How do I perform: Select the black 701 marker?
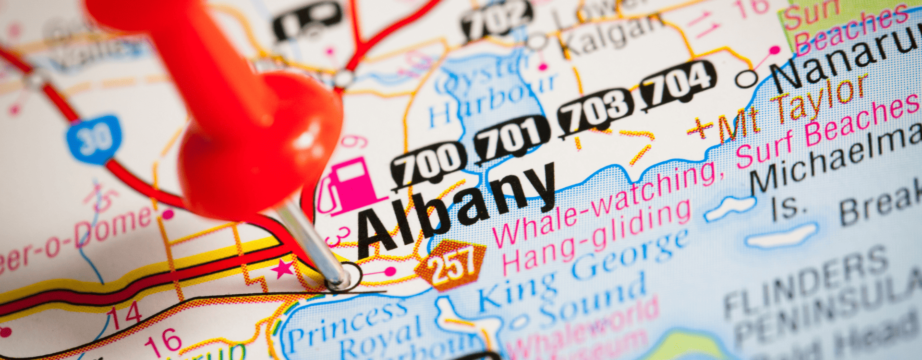512,137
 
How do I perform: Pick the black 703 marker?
596,110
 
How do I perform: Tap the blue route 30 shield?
94,139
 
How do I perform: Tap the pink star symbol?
282,269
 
